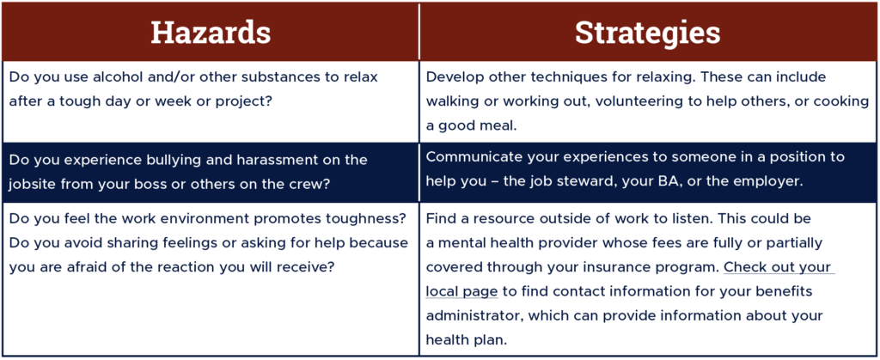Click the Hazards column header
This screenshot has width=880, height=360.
pos(211,34)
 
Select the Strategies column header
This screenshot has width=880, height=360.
pos(648,34)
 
